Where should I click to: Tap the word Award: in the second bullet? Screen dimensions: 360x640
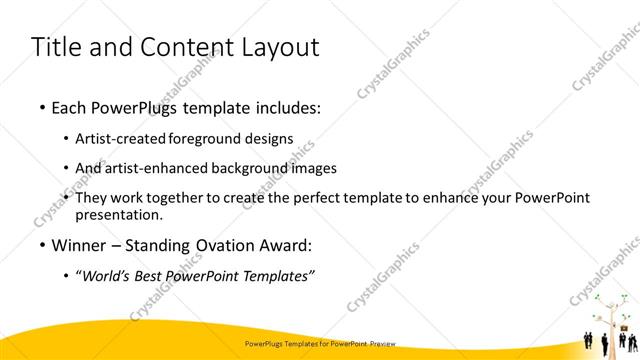coord(284,245)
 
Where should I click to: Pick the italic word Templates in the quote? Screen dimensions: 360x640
coord(276,277)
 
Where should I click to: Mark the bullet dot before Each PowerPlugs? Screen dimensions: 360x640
coord(41,107)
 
